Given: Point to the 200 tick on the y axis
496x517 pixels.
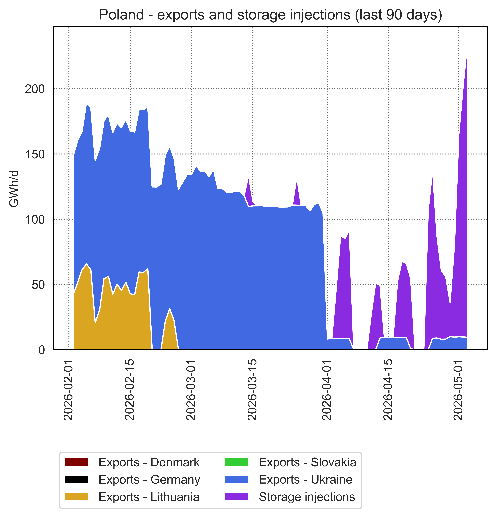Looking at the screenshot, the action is [35, 89].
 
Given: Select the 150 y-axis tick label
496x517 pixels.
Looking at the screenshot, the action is [35, 154].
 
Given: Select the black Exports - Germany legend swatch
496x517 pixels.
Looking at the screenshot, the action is [77, 479].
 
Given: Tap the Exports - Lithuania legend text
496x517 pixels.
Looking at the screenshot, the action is [149, 497].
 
